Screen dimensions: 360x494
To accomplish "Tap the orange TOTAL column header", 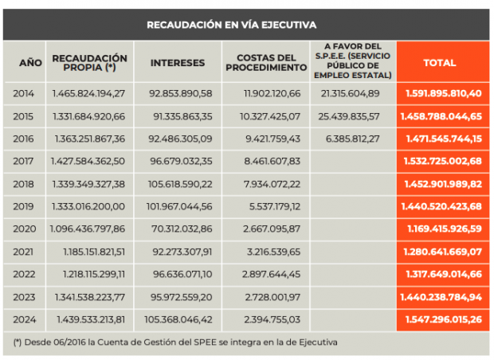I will pyautogui.click(x=440, y=62).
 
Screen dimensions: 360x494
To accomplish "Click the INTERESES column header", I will pyautogui.click(x=177, y=62).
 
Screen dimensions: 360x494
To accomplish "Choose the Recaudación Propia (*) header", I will pyautogui.click(x=89, y=63).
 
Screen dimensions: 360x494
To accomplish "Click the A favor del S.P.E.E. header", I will pyautogui.click(x=353, y=62).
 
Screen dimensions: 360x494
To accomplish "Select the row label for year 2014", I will pyautogui.click(x=24, y=93).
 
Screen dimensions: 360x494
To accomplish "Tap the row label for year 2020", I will pyautogui.click(x=24, y=229).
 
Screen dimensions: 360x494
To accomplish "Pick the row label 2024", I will pyautogui.click(x=24, y=319).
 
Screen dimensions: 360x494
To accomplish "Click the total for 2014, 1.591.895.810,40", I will pyautogui.click(x=443, y=93).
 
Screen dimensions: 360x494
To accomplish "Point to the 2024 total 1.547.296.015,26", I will pyautogui.click(x=443, y=319).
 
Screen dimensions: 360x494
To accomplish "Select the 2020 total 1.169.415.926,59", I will pyautogui.click(x=443, y=229).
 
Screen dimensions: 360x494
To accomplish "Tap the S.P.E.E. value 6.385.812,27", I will pyautogui.click(x=353, y=139).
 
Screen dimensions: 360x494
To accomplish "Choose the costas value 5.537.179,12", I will pyautogui.click(x=273, y=206).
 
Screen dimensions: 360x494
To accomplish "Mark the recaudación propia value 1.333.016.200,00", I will pyautogui.click(x=89, y=206).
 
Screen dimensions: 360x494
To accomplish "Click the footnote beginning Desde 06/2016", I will pyautogui.click(x=176, y=342).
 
